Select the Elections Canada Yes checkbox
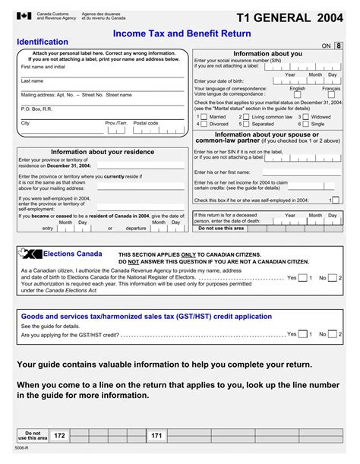tap(302, 278)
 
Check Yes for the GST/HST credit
tap(302, 334)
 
